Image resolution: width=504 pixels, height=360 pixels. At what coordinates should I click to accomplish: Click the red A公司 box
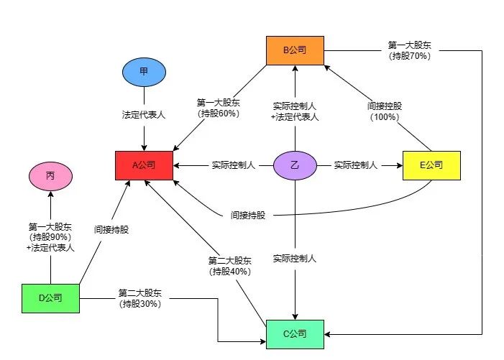click(144, 166)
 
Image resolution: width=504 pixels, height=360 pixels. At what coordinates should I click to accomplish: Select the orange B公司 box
click(295, 50)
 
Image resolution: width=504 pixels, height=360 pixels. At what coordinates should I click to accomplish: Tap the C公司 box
click(295, 333)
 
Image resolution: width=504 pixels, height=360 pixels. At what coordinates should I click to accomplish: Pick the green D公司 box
click(50, 297)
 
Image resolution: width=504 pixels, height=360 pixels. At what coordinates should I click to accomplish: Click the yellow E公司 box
click(431, 165)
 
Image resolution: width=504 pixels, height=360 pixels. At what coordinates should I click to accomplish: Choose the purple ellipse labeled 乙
click(295, 166)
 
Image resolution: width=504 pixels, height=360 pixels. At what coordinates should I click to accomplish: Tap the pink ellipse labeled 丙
click(50, 175)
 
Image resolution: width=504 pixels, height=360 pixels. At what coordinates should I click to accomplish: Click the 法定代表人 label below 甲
click(144, 115)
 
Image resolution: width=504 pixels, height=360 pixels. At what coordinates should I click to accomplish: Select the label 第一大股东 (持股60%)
click(218, 108)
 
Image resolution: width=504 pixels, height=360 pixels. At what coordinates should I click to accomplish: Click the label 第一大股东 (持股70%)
click(408, 50)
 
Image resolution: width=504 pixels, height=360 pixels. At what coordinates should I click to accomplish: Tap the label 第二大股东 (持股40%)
click(230, 266)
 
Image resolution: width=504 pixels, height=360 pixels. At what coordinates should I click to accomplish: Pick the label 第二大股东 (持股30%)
click(139, 297)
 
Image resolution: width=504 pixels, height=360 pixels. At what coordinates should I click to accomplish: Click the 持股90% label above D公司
click(50, 237)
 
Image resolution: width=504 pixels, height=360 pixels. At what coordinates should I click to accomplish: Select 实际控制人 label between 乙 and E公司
click(356, 166)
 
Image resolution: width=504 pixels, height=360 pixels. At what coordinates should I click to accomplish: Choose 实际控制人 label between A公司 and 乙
click(234, 166)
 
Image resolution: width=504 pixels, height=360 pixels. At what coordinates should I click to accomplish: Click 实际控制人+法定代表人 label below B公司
click(295, 111)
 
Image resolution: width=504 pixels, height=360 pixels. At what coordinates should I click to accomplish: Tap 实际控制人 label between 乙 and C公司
click(295, 258)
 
